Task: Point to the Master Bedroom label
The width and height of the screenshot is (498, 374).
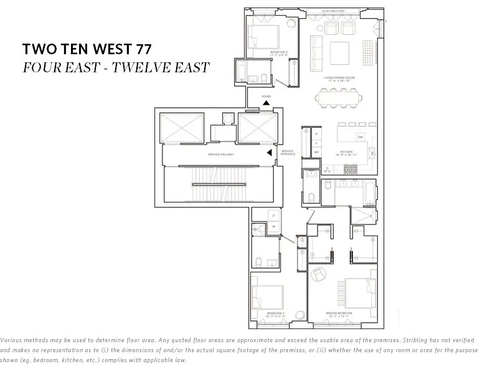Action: tap(339, 312)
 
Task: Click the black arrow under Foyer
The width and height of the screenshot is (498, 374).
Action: tap(266, 104)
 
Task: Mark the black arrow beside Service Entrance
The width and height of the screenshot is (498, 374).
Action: tap(270, 152)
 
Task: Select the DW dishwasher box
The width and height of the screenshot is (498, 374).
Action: tap(360, 137)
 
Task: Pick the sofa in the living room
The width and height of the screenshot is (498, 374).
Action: tap(316, 52)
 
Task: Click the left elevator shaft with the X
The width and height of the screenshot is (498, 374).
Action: tap(182, 128)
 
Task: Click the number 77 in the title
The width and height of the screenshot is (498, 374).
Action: tap(143, 49)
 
